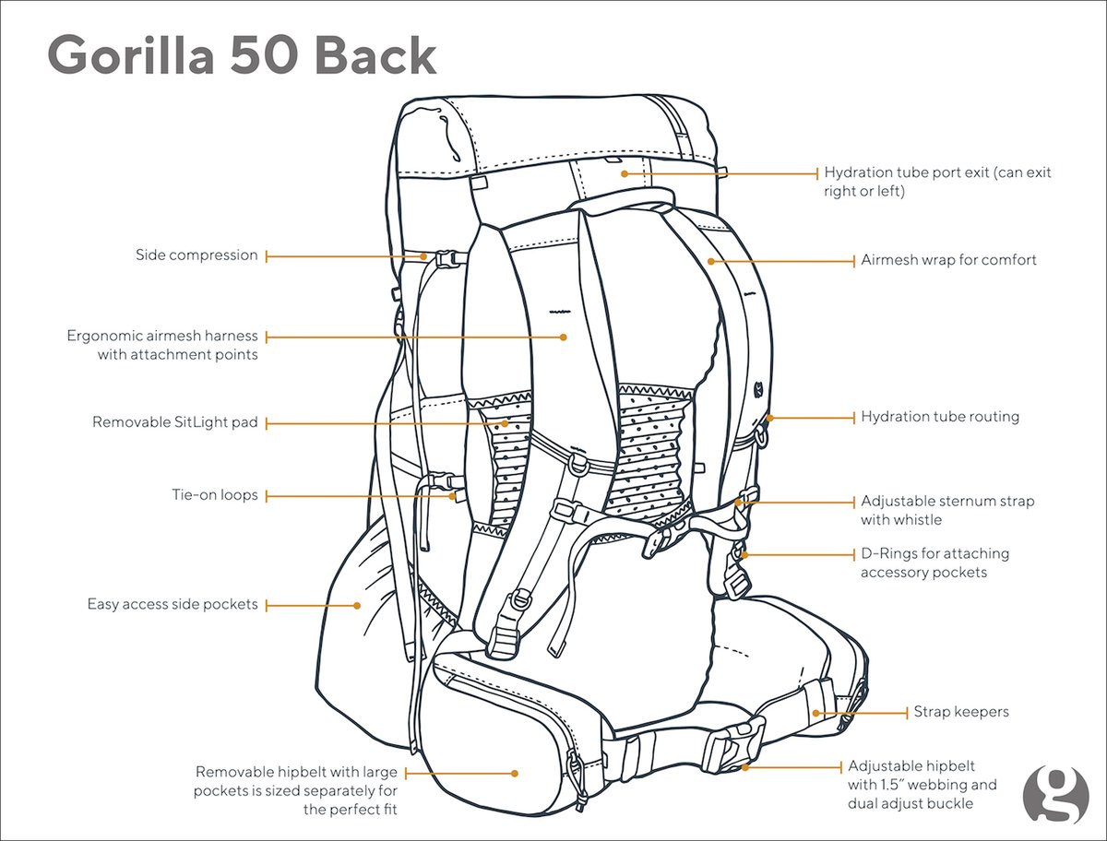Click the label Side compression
click(196, 255)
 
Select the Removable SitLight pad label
click(175, 422)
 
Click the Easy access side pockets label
click(173, 605)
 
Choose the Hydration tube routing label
click(940, 417)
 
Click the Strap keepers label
click(961, 712)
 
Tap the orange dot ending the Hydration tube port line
click(625, 172)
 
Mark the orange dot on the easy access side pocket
click(357, 606)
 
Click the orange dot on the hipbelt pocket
click(515, 773)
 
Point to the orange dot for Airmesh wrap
click(711, 261)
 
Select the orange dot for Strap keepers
click(816, 713)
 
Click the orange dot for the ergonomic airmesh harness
click(563, 338)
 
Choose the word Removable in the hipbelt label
click(232, 772)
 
